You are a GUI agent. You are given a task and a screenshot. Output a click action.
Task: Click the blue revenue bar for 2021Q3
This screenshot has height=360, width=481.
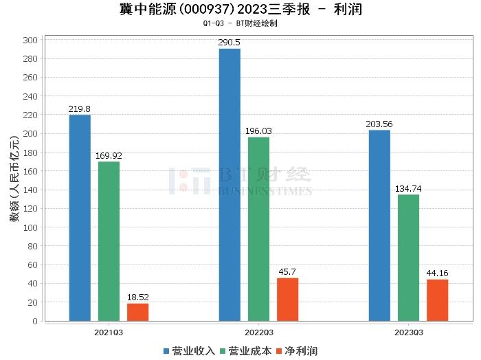80,217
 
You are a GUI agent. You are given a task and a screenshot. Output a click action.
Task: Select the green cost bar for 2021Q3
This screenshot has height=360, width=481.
109,240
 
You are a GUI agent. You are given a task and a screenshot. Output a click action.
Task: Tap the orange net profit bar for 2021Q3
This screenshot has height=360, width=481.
137,312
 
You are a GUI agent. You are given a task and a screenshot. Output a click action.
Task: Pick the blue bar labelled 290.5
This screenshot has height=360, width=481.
230,184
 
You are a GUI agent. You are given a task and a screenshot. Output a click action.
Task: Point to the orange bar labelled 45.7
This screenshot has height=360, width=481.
287,299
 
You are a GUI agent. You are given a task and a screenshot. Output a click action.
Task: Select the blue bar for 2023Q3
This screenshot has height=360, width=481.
379,225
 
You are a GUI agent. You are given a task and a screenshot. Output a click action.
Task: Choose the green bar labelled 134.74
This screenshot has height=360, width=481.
408,257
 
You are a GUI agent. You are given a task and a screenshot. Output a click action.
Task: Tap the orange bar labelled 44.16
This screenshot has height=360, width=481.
437,300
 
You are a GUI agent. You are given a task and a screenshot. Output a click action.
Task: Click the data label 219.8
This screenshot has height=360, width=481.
80,109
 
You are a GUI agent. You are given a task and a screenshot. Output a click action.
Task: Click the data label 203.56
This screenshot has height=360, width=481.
379,124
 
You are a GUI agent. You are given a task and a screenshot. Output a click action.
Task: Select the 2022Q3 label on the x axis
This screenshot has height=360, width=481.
258,332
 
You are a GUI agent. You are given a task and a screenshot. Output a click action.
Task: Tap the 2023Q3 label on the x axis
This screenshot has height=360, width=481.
408,332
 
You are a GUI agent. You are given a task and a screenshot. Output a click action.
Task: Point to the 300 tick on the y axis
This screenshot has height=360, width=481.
30,40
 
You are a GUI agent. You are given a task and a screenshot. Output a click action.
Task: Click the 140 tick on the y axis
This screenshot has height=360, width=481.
30,190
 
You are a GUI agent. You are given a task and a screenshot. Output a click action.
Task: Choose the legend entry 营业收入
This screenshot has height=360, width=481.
189,351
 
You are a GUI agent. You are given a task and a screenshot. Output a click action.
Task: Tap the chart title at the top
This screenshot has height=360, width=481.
240,10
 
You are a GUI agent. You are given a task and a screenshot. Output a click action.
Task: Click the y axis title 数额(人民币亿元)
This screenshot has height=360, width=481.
14,181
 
